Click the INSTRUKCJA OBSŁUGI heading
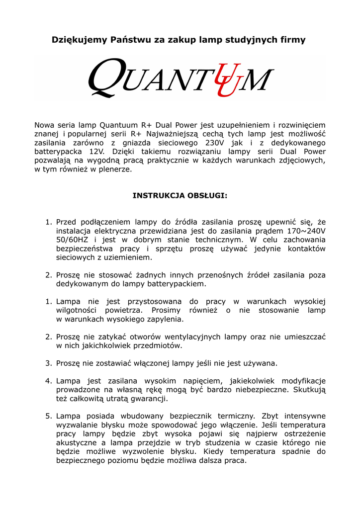tap(180, 195)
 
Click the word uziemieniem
tap(129, 257)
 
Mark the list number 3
tap(48, 363)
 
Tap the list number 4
tap(48, 381)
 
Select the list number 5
tap(48, 416)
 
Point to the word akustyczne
tap(76, 442)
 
